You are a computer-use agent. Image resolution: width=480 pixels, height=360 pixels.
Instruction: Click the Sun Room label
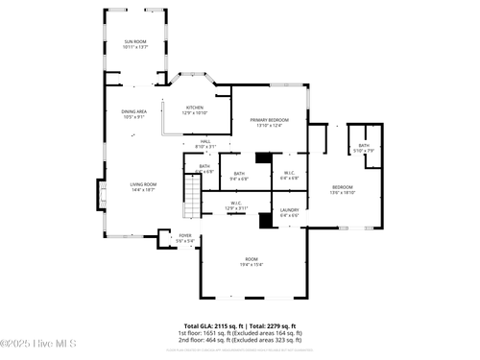134,43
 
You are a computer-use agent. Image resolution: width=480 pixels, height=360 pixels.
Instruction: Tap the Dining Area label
134,114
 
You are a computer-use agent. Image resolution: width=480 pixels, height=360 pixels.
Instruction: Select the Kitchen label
195,110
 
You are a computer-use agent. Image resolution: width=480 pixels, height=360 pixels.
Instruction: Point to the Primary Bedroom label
267,122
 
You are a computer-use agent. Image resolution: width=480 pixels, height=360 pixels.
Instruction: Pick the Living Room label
143,187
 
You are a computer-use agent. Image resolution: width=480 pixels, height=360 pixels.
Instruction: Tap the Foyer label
185,238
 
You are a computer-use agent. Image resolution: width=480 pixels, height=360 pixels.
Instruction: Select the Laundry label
290,212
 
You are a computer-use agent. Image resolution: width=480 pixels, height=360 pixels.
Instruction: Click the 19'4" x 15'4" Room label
251,263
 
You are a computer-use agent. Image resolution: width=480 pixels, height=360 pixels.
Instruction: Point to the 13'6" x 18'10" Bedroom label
343,189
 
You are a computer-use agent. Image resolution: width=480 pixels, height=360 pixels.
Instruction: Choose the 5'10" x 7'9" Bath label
364,148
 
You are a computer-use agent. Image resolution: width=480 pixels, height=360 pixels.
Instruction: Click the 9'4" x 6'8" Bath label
239,176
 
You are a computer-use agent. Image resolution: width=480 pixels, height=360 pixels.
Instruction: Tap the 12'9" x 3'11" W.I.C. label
236,205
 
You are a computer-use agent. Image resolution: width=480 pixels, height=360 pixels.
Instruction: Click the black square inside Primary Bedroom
263,156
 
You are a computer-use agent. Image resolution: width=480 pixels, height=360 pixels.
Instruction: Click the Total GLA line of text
240,325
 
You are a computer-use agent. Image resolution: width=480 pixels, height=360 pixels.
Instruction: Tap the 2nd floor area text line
240,340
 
